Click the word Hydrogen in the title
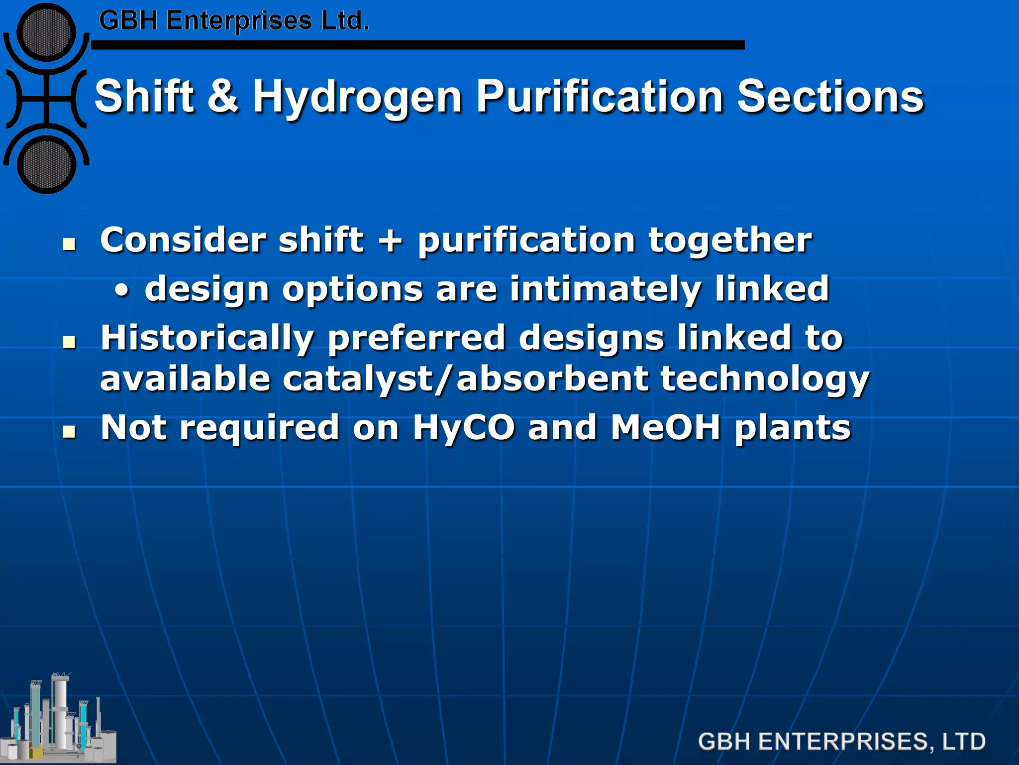tap(357, 97)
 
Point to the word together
tap(730, 240)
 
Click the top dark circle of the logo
tap(46, 33)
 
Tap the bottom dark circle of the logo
tap(46, 164)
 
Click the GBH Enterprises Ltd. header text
tap(234, 21)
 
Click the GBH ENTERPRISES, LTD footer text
tap(841, 742)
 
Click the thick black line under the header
tap(418, 45)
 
